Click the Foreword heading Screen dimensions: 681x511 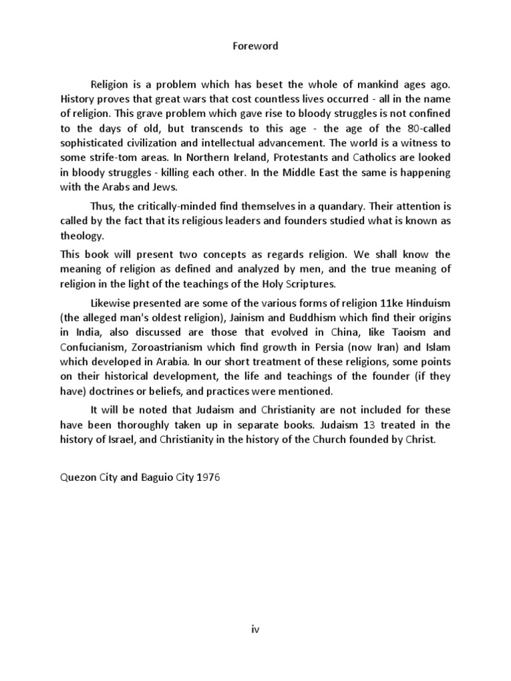[255, 47]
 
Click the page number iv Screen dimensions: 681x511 [255, 630]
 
